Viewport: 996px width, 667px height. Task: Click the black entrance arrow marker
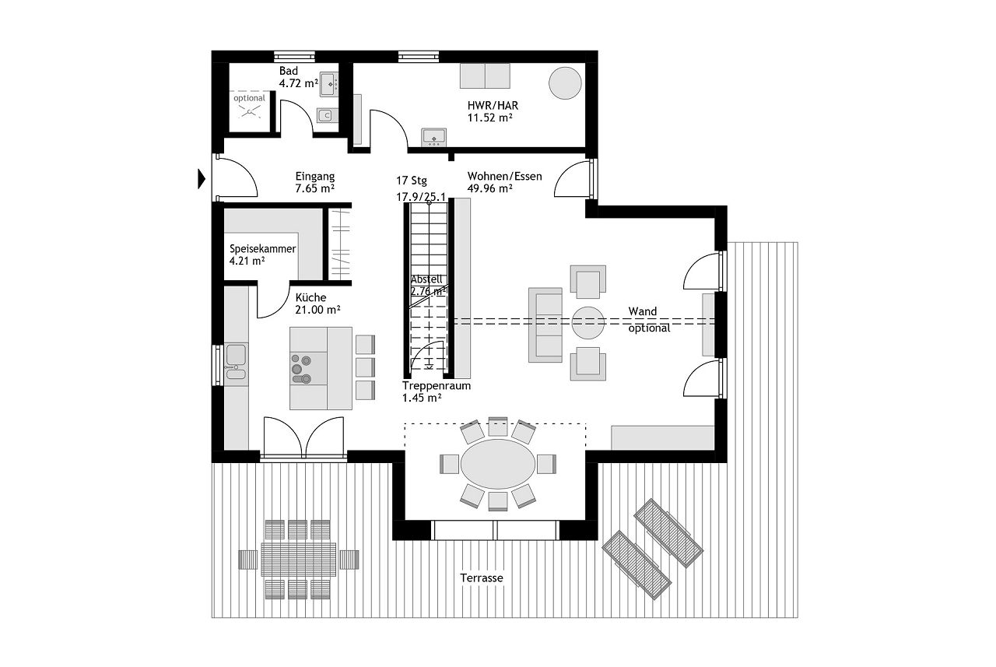[202, 179]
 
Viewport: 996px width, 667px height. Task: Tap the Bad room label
[289, 71]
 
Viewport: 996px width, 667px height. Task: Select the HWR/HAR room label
[493, 106]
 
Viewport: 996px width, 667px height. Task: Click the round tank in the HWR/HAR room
[565, 83]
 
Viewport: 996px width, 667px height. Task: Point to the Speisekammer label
[262, 249]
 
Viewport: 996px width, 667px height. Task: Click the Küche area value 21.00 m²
[317, 310]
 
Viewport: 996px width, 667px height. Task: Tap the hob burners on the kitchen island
[301, 369]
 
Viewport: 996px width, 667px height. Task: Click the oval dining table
[498, 464]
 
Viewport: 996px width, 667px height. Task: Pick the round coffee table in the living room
[587, 323]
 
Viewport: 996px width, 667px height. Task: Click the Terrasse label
[482, 578]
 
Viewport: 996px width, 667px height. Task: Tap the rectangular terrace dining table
[298, 559]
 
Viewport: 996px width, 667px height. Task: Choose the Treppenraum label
[437, 386]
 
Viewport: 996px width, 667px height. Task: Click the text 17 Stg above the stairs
[412, 181]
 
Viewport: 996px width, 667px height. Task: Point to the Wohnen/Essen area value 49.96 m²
[489, 188]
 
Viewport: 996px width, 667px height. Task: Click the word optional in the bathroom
[249, 98]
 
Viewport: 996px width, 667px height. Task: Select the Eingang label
[315, 176]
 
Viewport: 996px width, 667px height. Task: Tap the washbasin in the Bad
[329, 85]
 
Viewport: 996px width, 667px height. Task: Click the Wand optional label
[649, 320]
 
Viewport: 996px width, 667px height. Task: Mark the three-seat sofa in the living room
[545, 325]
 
